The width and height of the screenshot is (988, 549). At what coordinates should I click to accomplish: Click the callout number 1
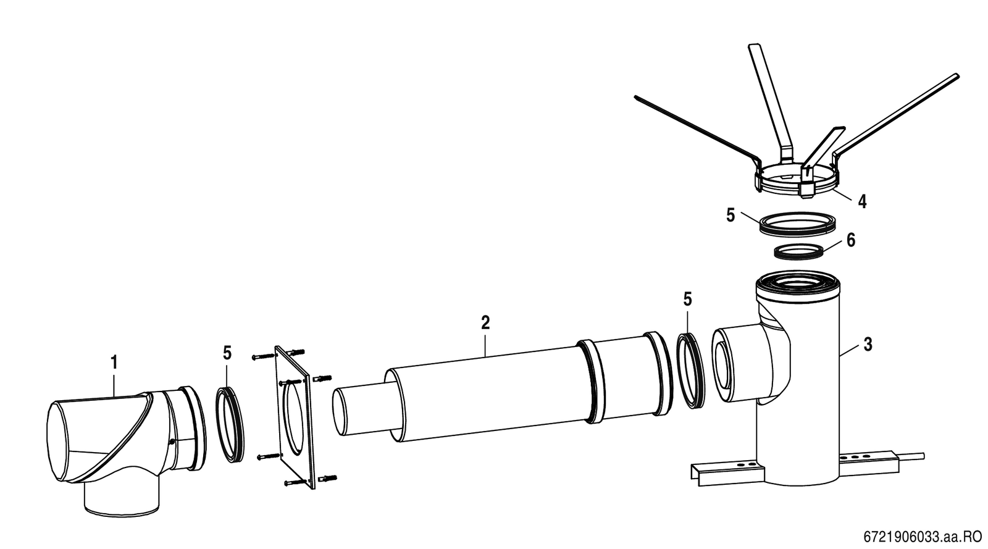pyautogui.click(x=114, y=363)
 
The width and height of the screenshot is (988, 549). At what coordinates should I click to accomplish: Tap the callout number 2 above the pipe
pyautogui.click(x=485, y=323)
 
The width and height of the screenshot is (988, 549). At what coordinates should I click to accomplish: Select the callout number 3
pyautogui.click(x=868, y=345)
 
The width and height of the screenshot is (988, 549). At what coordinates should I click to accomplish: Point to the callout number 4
pyautogui.click(x=862, y=201)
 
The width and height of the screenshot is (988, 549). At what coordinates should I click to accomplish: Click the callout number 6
pyautogui.click(x=851, y=240)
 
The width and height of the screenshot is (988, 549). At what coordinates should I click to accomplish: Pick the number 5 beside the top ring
pyautogui.click(x=731, y=216)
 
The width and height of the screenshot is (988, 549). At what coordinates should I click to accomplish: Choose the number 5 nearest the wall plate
pyautogui.click(x=227, y=353)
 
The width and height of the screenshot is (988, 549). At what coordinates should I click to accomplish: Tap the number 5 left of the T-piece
pyautogui.click(x=688, y=300)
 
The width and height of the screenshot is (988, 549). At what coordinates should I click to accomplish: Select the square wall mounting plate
pyautogui.click(x=293, y=417)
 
